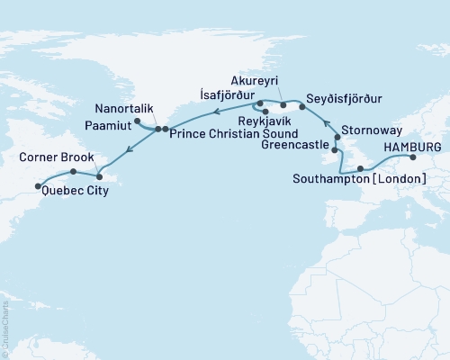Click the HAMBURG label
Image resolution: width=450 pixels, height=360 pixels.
tap(411, 146)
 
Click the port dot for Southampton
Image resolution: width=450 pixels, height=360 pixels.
tap(359, 167)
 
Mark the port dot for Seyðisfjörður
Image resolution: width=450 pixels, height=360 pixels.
tap(301, 106)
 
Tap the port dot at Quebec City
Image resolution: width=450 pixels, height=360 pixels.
tap(38, 186)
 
